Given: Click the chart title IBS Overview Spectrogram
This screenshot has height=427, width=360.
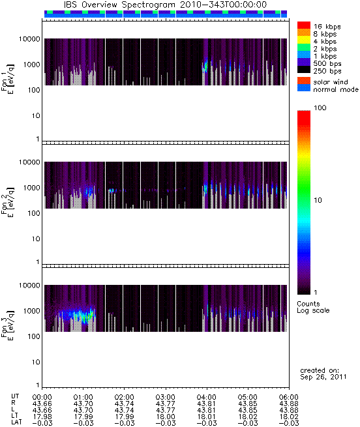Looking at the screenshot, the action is point(119,5).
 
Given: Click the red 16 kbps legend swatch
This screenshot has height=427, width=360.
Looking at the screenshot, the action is point(304,25).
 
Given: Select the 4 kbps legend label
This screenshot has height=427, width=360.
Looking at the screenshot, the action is point(325,41).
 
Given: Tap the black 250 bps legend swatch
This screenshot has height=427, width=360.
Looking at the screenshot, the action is point(304,70).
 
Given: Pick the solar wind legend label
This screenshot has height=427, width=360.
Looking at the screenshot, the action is point(331,82).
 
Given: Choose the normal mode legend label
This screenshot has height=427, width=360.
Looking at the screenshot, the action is point(336,89).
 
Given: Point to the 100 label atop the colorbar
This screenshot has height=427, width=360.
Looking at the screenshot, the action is point(320,108).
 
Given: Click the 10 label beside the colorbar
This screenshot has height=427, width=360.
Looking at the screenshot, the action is point(318,200).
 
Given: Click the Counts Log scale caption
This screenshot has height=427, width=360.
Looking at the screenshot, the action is point(313,307).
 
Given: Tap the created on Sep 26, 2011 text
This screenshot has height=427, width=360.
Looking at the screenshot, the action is point(323,374).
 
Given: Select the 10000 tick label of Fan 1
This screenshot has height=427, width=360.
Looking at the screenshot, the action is point(29,39).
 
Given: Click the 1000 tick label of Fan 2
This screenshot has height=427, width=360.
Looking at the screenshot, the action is point(31,188).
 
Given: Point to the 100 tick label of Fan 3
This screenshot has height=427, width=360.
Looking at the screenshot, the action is point(34,336).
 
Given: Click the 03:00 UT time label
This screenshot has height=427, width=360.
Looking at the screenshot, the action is point(165,397).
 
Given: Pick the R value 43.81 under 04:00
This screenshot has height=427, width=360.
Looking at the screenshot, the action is point(206,404).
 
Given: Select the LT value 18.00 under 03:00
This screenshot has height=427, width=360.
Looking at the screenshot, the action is point(165,417).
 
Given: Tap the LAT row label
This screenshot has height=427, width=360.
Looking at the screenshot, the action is point(16,422).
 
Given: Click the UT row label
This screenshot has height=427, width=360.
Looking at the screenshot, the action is point(15,396).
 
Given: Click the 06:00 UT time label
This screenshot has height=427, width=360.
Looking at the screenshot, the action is point(289,397).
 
